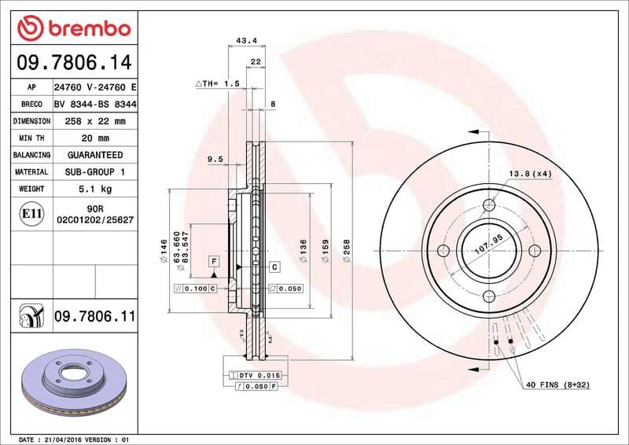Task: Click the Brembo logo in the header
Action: (x=73, y=29)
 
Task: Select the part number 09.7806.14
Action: (x=73, y=61)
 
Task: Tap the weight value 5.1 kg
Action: (x=94, y=189)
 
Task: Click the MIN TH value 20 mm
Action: (x=94, y=138)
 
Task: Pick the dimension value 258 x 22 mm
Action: (x=94, y=121)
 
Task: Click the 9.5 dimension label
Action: (x=215, y=159)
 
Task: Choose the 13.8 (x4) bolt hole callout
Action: (x=530, y=173)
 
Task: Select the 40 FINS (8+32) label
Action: (x=558, y=384)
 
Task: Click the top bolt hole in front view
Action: (x=489, y=205)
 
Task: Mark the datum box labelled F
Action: (x=212, y=260)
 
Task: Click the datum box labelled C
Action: (x=274, y=267)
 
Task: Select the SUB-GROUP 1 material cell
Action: (x=94, y=171)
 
